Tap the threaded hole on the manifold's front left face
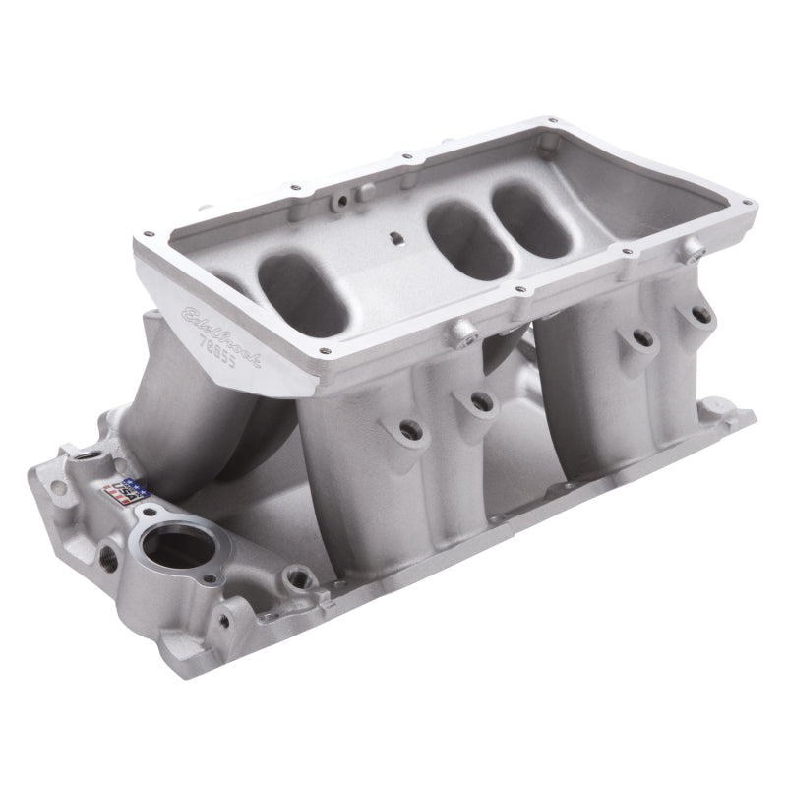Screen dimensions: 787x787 [108, 557]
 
